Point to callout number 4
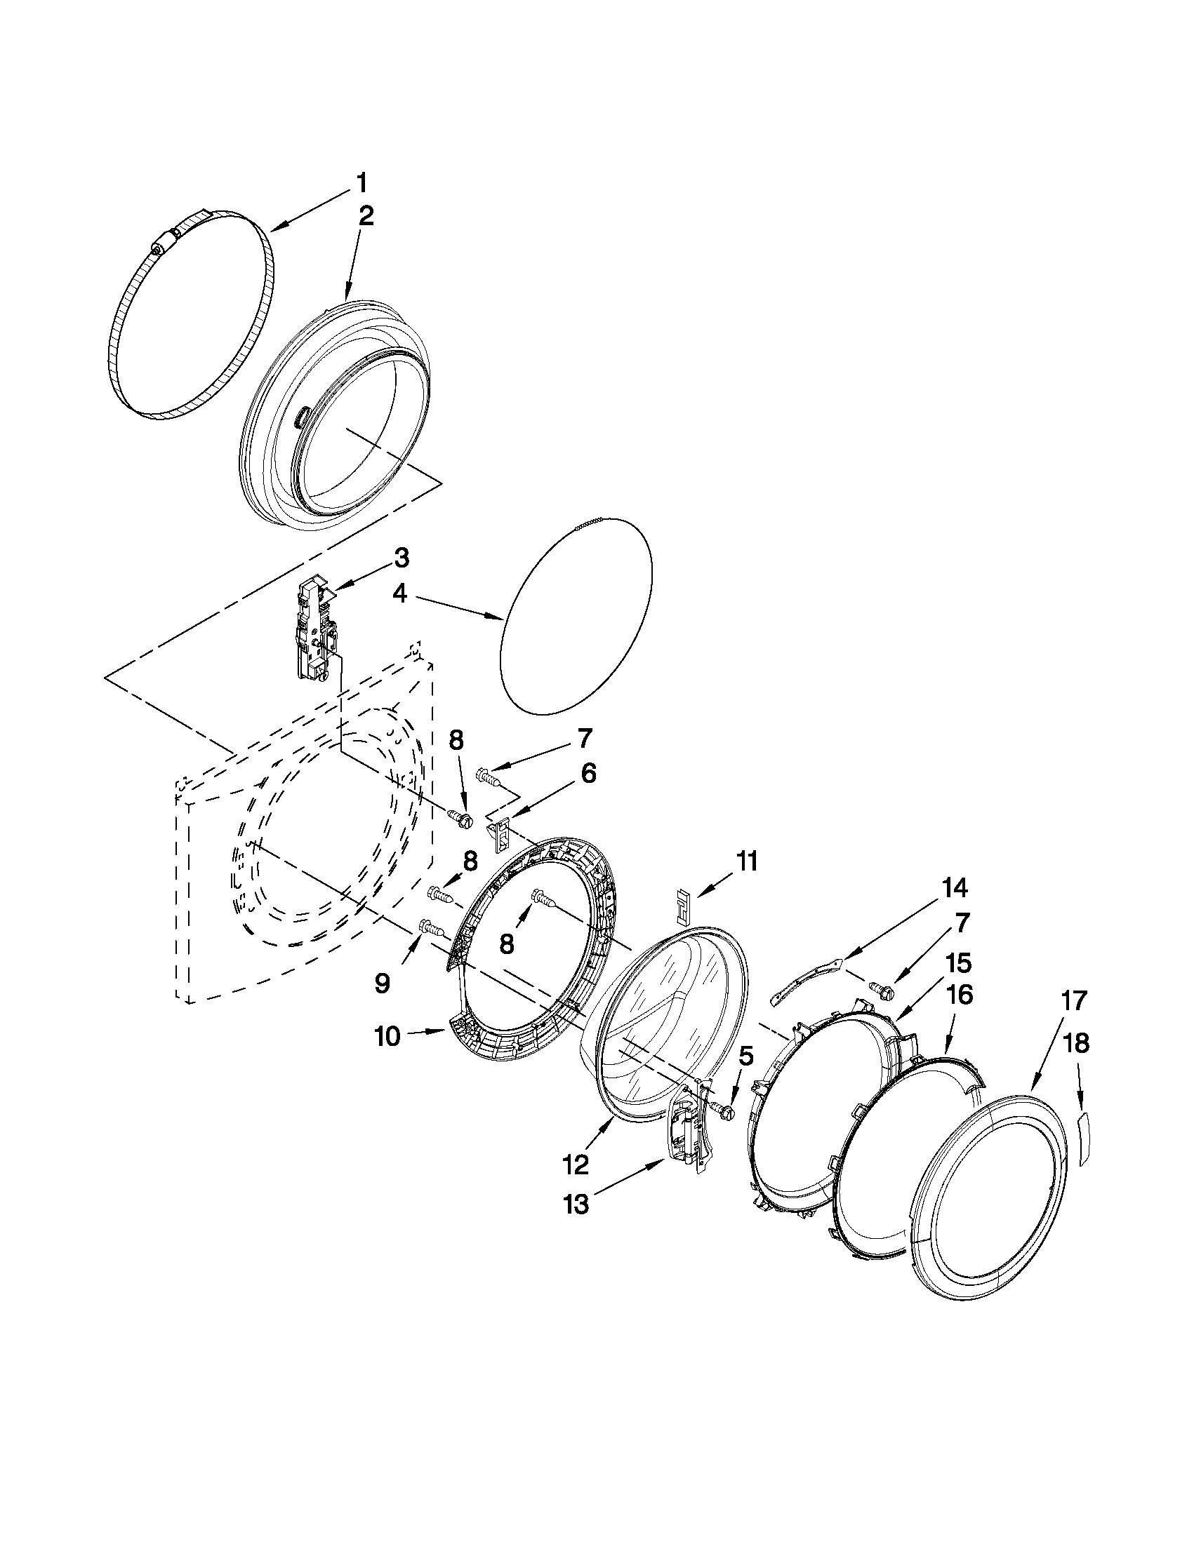click(399, 594)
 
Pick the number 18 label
click(1077, 1043)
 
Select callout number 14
click(953, 887)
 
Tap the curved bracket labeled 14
click(807, 981)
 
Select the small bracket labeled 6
click(498, 832)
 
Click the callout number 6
click(588, 773)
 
